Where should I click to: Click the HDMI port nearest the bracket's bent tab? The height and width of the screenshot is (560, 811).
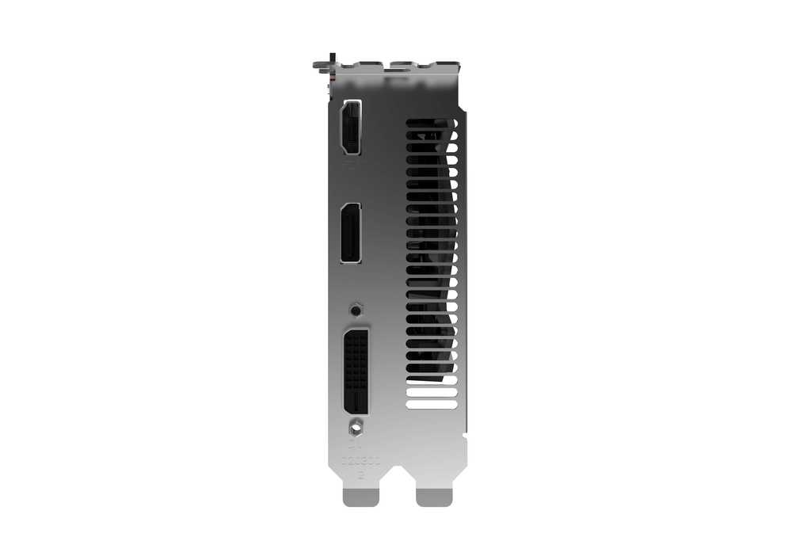pos(350,128)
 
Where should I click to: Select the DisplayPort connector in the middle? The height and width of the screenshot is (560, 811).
pos(350,233)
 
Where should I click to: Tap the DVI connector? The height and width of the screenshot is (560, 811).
pos(356,371)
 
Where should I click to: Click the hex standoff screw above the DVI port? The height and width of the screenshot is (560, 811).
pos(356,307)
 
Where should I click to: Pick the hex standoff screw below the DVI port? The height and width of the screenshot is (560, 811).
pos(356,427)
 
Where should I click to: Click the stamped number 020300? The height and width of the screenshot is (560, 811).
pos(360,461)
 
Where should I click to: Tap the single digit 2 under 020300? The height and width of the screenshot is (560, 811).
pos(361,476)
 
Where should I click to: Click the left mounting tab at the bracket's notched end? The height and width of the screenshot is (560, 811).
pos(360,497)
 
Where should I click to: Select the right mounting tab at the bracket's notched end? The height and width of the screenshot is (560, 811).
pos(434,497)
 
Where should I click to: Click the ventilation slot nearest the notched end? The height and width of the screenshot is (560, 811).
pos(432,404)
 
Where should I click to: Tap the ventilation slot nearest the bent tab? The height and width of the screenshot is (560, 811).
pos(432,124)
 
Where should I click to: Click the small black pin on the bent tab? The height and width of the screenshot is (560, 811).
pos(332,60)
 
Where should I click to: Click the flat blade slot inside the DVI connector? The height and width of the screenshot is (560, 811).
pos(356,400)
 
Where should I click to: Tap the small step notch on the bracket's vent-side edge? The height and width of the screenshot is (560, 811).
pos(466,433)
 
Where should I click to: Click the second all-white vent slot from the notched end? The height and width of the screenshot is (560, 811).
pos(432,392)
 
